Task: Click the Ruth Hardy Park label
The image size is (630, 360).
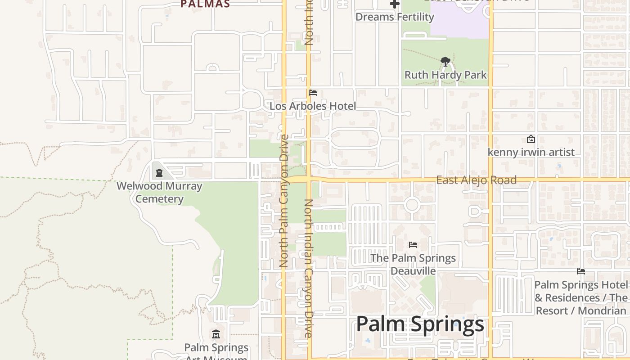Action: coord(445,75)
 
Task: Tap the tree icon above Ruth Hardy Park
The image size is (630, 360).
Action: coord(445,61)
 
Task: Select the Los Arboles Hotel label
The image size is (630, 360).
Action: coord(313,106)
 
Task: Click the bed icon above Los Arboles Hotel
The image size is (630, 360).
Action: coord(313,93)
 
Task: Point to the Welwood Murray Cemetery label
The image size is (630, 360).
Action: coord(159,192)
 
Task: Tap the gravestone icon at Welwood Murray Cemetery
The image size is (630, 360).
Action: coord(159,172)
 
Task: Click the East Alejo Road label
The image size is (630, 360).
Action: coord(476,180)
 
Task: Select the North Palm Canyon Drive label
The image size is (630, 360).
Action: coord(283,201)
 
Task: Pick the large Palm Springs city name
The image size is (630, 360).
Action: coord(420,324)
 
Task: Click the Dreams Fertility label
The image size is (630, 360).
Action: coord(395,17)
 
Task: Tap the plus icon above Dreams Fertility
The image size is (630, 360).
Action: coord(395,4)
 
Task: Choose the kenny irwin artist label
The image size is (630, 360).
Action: coord(531,152)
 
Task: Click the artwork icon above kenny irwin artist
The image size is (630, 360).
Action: coord(531,139)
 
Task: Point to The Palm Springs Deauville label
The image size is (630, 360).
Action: coord(413,264)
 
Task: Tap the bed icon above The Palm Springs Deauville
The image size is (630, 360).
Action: coord(413,245)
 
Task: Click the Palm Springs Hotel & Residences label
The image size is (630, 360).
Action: coord(580,297)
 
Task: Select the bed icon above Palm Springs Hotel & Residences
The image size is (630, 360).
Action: coord(581,271)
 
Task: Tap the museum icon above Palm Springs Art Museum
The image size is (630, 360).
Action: coord(216,334)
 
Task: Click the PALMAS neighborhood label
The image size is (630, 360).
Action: coord(205,4)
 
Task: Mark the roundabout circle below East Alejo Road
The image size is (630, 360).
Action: coord(412,205)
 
